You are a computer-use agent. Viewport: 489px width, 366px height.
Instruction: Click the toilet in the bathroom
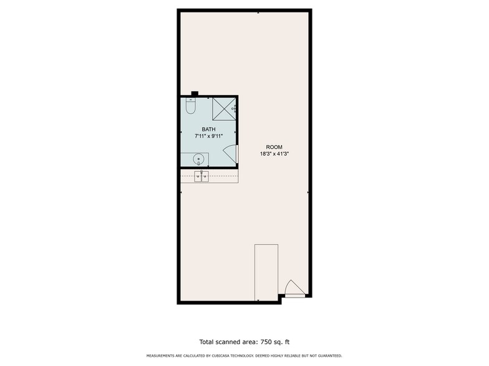[190, 106]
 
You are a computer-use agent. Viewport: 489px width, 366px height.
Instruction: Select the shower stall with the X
[225, 109]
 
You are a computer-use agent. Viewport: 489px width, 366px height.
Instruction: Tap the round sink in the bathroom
[198, 159]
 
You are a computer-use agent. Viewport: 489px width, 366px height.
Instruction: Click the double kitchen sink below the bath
[201, 176]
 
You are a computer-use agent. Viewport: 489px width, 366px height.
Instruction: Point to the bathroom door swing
[230, 152]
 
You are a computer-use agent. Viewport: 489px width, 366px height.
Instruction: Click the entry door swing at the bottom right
[294, 287]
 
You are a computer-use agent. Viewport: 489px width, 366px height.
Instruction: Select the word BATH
[208, 129]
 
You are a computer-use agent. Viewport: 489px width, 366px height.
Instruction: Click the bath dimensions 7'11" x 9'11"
[208, 136]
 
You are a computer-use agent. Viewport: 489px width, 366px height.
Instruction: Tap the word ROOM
[274, 147]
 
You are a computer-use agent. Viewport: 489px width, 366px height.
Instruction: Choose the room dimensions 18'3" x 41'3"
[274, 154]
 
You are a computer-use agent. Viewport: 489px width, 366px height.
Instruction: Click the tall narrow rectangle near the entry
[266, 273]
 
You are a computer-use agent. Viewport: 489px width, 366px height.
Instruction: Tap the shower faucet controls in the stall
[234, 108]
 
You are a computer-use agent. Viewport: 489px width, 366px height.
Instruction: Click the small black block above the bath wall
[195, 93]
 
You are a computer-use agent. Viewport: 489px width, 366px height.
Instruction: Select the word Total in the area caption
[207, 342]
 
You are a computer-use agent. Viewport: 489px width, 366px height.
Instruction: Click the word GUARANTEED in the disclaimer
[331, 356]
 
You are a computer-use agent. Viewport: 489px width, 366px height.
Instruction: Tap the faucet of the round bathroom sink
[198, 163]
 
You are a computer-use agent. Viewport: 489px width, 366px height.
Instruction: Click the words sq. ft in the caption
[282, 342]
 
